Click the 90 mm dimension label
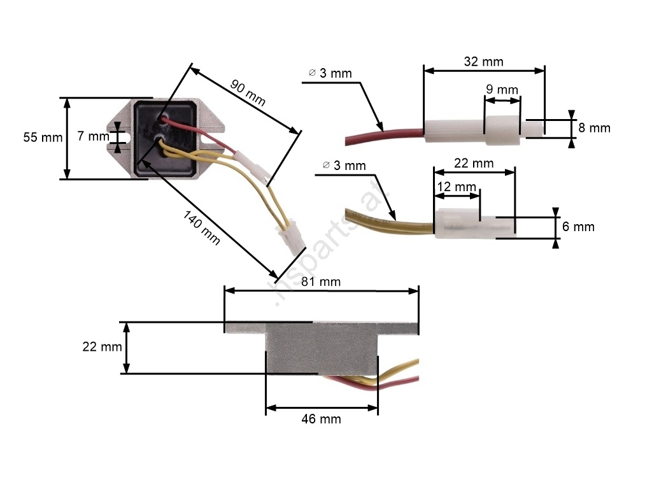(248, 93)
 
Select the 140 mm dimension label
(202, 227)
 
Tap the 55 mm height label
(43, 138)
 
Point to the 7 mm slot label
(93, 136)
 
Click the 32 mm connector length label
(484, 62)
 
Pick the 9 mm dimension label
(502, 89)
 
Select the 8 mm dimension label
(594, 127)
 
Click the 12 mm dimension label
(457, 187)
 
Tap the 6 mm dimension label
(578, 227)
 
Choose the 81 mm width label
(321, 281)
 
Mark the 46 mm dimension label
(321, 419)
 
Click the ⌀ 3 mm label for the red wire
(330, 73)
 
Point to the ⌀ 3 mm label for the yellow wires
(344, 166)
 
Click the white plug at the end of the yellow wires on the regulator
(292, 243)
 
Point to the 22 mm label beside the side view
(102, 346)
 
